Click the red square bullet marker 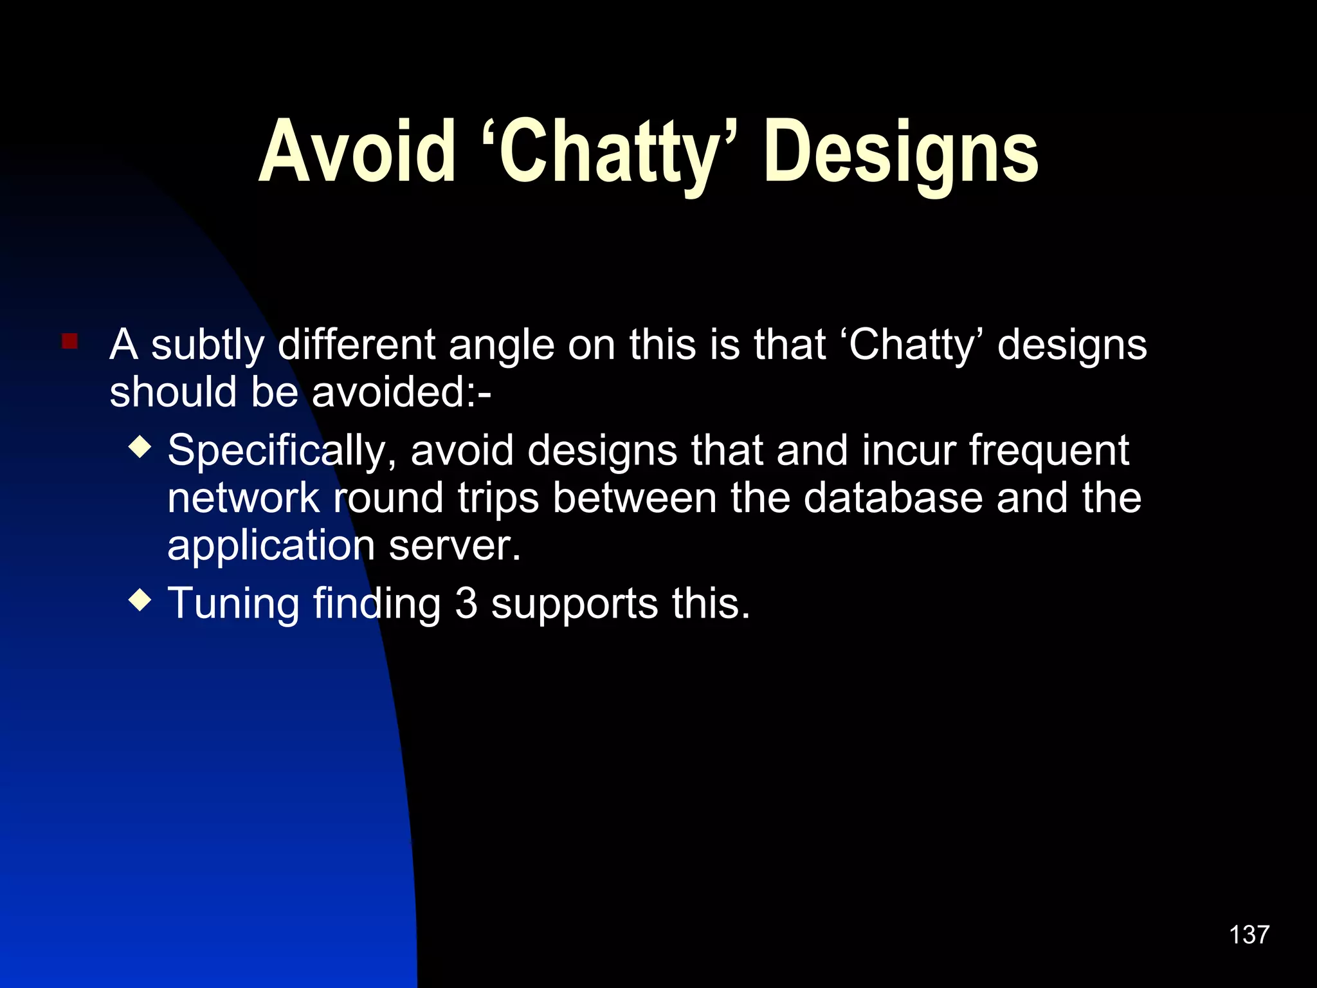69,341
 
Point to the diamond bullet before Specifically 140,446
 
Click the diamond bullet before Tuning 140,600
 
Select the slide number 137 1249,935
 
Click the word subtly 207,345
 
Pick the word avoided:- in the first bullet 401,392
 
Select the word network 243,498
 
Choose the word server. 455,545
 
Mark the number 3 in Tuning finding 466,603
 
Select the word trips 498,499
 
